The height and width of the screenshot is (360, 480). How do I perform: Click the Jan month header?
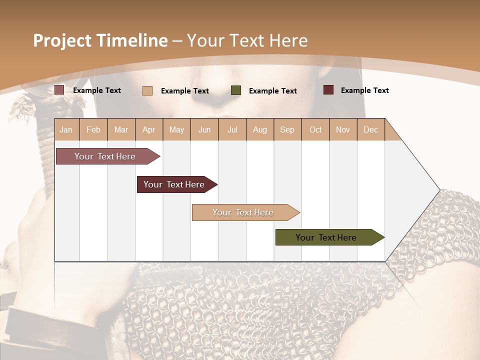point(66,129)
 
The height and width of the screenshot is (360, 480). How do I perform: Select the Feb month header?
point(93,129)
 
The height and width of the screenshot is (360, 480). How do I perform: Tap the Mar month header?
point(121,129)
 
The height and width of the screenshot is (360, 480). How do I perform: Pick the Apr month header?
point(149,129)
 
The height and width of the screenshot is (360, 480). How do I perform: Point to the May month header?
point(176,129)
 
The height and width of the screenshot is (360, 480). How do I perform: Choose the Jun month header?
point(204,129)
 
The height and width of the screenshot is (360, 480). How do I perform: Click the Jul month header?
point(232,129)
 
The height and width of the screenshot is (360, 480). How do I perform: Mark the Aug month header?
point(260,129)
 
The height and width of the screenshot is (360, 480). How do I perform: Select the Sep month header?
point(287,129)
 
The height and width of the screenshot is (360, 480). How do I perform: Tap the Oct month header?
point(315,129)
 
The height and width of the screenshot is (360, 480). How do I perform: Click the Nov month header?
point(343,129)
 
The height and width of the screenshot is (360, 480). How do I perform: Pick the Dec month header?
point(371,129)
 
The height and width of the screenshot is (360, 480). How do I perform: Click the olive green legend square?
point(236,90)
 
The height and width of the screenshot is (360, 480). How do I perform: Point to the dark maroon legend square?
point(328,90)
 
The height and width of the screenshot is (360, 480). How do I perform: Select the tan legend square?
point(147,90)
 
